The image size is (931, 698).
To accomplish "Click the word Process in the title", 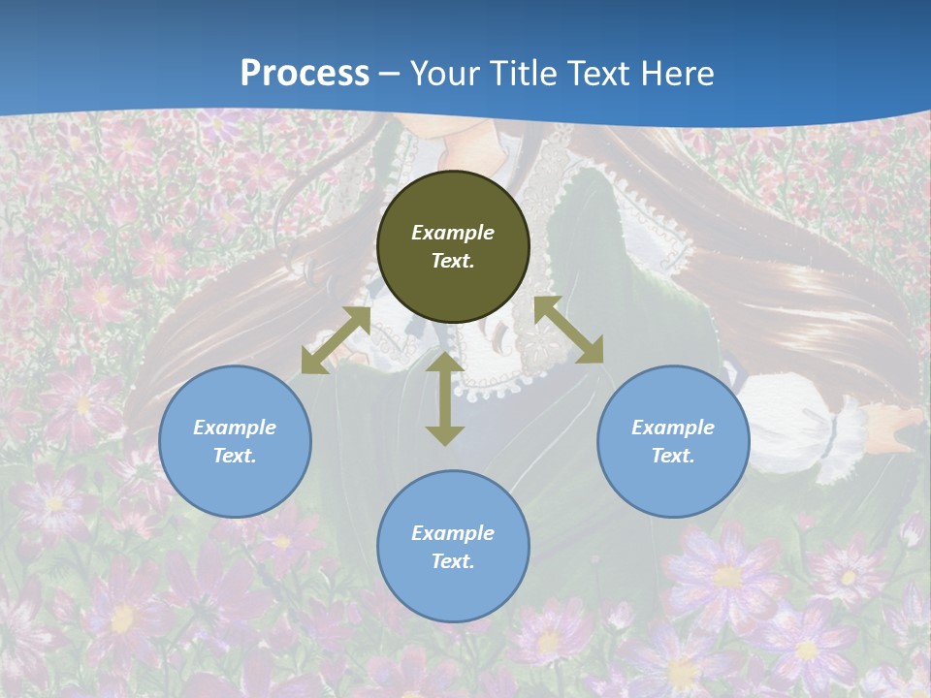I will click(305, 74).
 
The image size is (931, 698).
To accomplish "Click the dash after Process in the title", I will click(390, 75).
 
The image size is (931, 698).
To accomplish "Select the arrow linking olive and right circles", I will click(568, 330).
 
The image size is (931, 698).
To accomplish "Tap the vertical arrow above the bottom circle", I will click(445, 398).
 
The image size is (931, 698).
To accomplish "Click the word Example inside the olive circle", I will click(453, 233).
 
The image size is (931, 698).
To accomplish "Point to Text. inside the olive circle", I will click(453, 261).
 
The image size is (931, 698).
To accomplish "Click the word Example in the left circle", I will click(235, 428).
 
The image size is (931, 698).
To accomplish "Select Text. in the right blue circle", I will click(673, 456).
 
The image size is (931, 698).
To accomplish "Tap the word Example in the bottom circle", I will click(453, 533).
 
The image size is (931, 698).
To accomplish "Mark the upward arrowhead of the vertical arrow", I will click(445, 362).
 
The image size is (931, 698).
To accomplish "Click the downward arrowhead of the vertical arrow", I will click(445, 435).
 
